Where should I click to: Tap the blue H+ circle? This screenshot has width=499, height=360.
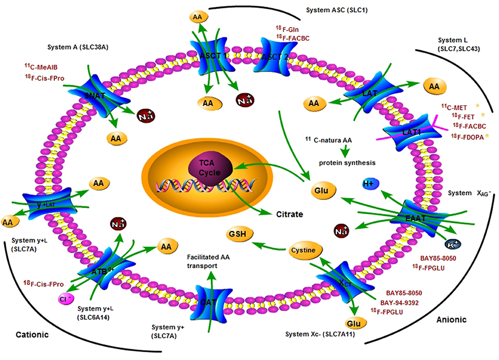pyautogui.click(x=369, y=184)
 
